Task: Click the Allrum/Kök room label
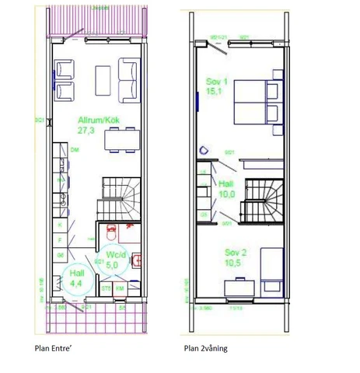coord(93,120)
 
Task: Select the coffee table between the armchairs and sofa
coord(103,79)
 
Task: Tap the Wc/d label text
coord(116,254)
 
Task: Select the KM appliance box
coord(120,288)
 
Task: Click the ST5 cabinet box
coord(105,288)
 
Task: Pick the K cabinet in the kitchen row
coord(60,224)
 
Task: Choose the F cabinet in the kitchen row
coord(60,239)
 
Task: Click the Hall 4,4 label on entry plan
coord(77,278)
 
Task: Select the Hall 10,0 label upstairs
coord(226,189)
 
